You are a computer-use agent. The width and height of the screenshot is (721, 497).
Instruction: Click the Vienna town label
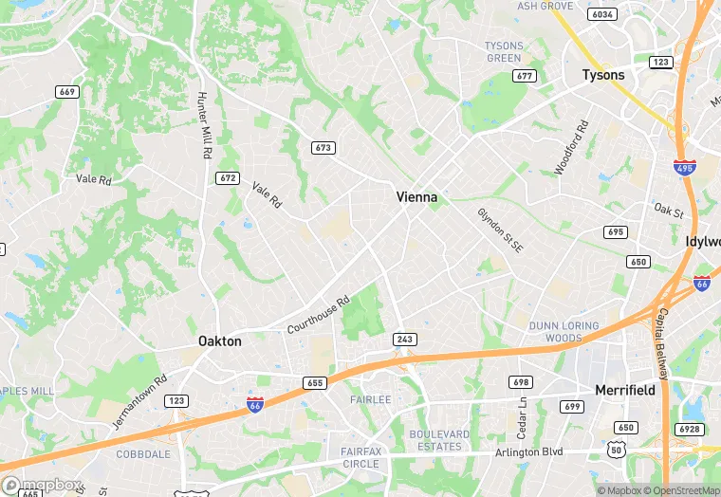pyautogui.click(x=416, y=197)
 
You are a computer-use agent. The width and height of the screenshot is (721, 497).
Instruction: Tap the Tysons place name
pyautogui.click(x=603, y=75)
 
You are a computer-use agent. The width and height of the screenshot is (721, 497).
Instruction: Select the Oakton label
pyautogui.click(x=219, y=341)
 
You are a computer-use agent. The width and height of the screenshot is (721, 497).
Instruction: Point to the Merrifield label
pyautogui.click(x=626, y=390)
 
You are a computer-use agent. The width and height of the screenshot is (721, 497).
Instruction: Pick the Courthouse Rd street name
pyautogui.click(x=319, y=314)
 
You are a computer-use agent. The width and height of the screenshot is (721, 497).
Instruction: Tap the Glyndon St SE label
pyautogui.click(x=500, y=230)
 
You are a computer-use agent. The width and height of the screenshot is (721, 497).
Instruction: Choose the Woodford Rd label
pyautogui.click(x=572, y=147)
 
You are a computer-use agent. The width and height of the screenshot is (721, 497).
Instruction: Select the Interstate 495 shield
pyautogui.click(x=684, y=167)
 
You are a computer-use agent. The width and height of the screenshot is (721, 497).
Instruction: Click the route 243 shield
pyautogui.click(x=405, y=339)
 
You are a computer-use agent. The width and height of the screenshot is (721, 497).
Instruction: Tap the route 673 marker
pyautogui.click(x=324, y=148)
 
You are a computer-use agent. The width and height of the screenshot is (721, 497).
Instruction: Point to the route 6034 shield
pyautogui.click(x=601, y=14)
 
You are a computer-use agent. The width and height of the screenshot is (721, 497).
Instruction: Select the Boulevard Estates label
pyautogui.click(x=438, y=440)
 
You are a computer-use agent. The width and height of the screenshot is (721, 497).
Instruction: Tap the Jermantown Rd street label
pyautogui.click(x=139, y=401)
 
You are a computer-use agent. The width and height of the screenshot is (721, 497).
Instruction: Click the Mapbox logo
pyautogui.click(x=43, y=486)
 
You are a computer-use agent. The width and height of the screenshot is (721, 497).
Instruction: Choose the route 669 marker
pyautogui.click(x=66, y=92)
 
